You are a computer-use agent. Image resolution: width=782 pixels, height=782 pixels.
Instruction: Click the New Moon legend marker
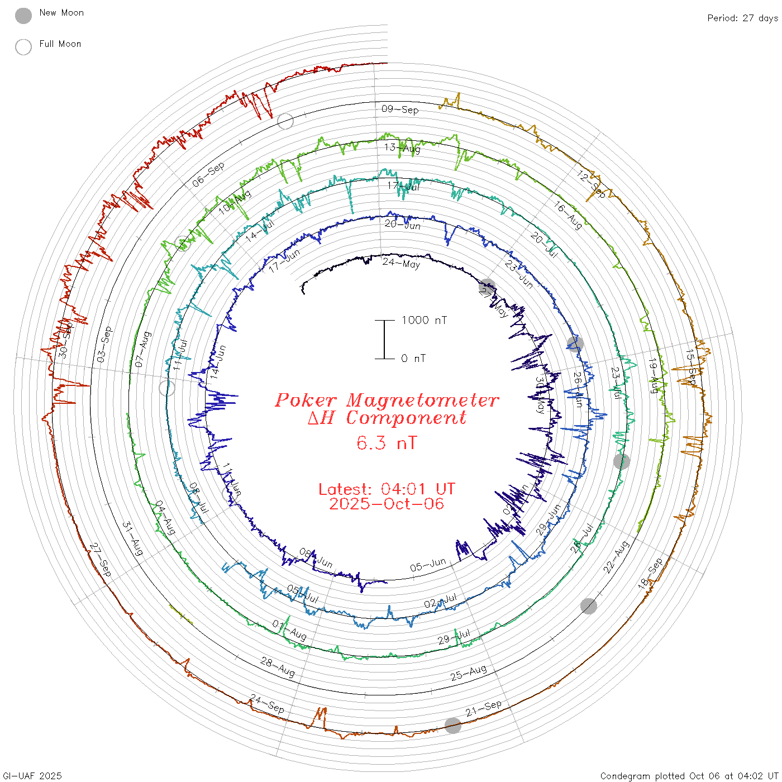pos(23,16)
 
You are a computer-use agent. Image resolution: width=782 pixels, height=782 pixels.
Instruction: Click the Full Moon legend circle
pos(23,47)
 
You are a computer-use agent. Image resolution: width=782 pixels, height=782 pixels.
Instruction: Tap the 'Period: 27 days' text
pos(742,18)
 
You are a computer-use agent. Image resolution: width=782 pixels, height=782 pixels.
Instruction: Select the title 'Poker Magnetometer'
pos(387,400)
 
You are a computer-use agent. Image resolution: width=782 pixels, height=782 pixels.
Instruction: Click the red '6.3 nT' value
pos(387,443)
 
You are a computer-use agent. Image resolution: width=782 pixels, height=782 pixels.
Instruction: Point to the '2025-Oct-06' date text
pos(387,504)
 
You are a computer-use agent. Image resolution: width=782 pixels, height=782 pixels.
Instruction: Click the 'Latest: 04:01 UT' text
pos(387,489)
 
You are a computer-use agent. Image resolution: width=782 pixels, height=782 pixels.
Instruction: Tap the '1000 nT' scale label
pos(424,320)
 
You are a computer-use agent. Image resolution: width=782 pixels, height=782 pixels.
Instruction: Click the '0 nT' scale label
pos(413,359)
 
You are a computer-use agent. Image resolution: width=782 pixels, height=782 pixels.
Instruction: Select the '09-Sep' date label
pos(400,109)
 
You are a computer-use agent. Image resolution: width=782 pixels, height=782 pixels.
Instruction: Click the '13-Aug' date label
pos(402,148)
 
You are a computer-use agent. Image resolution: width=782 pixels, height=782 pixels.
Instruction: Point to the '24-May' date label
pos(401,263)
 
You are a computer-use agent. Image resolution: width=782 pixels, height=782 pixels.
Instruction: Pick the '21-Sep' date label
pos(484,708)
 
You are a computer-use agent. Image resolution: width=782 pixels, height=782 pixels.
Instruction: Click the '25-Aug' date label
pos(468,673)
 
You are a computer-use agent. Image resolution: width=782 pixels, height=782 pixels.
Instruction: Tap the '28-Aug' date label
pos(278,666)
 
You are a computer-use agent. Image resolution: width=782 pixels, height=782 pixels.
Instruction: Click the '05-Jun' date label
pos(428,565)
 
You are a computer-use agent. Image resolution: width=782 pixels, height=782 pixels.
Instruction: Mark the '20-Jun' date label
pos(402,225)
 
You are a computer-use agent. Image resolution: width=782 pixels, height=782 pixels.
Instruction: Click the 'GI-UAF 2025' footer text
pos(32,776)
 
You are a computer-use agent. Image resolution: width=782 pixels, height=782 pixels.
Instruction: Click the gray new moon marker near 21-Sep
pos(453,726)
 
